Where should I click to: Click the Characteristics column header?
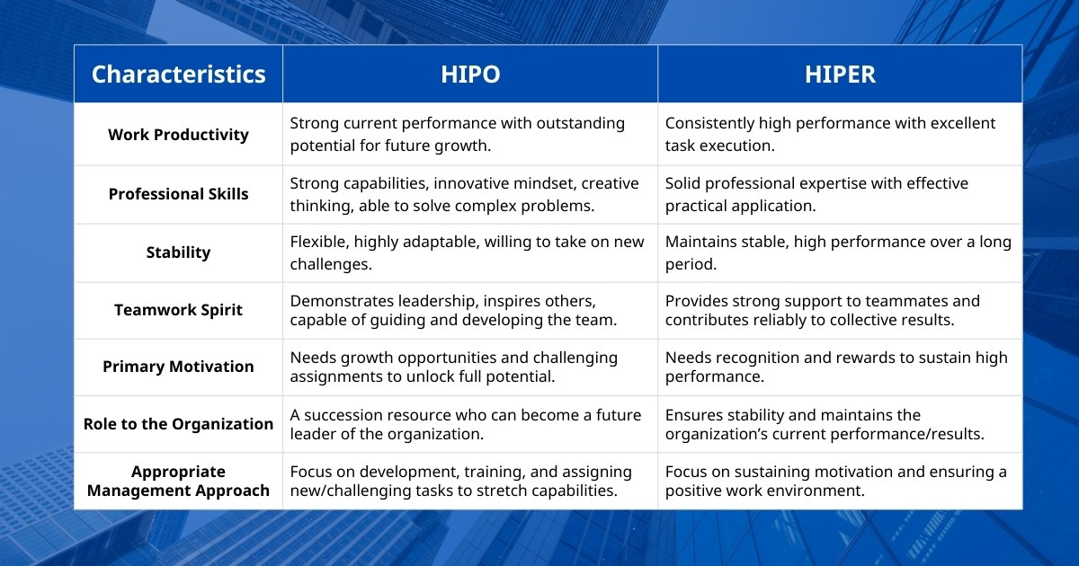pos(178,74)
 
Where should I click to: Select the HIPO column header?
pos(470,74)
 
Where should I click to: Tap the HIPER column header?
pos(840,74)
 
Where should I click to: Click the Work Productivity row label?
pos(178,135)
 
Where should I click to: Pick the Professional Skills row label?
pos(178,194)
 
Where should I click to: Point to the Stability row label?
pos(178,252)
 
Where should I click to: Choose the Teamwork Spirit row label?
pos(178,310)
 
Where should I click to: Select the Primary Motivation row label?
pos(178,367)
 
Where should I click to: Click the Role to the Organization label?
pos(178,424)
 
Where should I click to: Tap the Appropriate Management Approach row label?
pos(178,481)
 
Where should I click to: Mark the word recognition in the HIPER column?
pos(769,358)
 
